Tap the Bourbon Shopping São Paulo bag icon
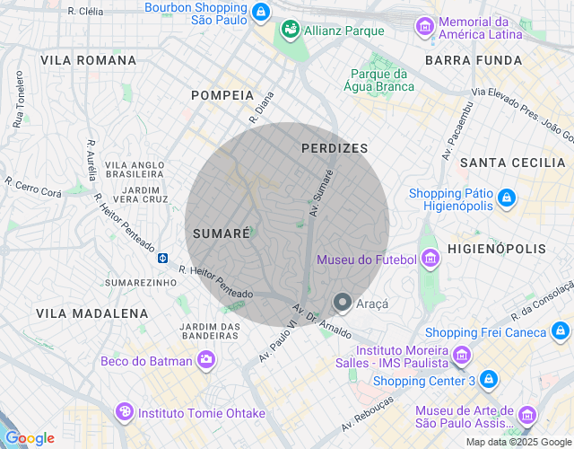click(x=260, y=12)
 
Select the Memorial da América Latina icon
click(x=424, y=27)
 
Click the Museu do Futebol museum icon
click(x=431, y=260)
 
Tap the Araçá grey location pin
click(x=342, y=304)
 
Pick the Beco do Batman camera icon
click(x=207, y=361)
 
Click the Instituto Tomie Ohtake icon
click(x=125, y=412)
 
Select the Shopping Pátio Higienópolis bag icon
click(x=507, y=197)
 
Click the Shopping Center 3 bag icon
click(x=488, y=380)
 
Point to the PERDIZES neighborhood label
click(x=335, y=148)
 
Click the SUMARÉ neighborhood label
click(x=221, y=233)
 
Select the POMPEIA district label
click(x=222, y=95)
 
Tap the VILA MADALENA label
click(x=92, y=313)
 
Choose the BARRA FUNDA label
click(x=474, y=60)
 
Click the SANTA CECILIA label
click(x=513, y=163)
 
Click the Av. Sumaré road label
click(x=321, y=192)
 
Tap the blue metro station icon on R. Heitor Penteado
click(x=162, y=258)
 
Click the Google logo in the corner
click(x=30, y=438)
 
